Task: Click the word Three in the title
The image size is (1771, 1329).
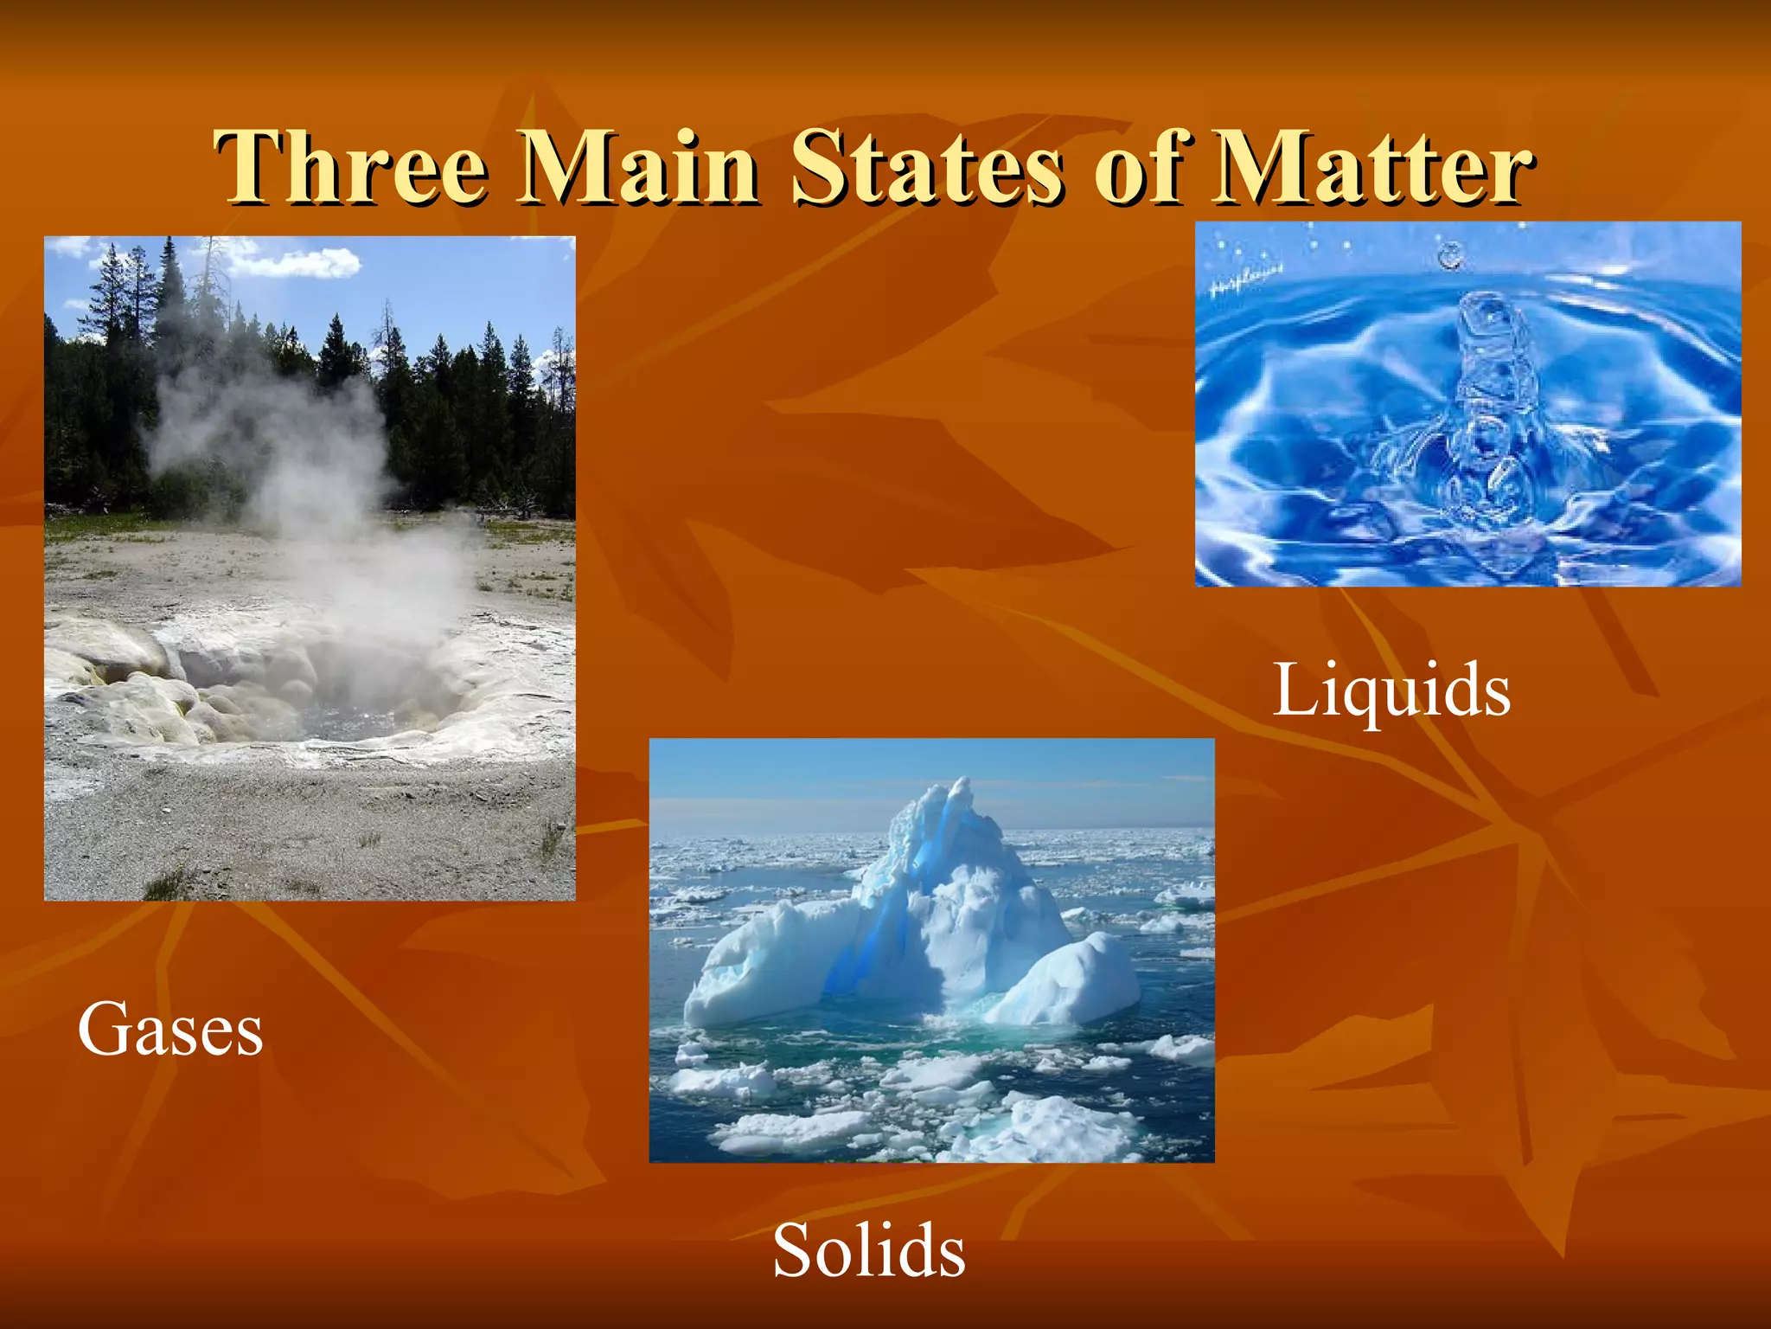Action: click(x=350, y=166)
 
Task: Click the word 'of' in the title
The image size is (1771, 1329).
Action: click(x=1137, y=166)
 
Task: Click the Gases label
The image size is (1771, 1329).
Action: click(x=170, y=1029)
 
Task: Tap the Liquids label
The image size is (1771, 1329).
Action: click(x=1391, y=690)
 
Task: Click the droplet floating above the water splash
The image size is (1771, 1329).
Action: click(x=1450, y=255)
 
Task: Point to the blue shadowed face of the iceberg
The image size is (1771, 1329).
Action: click(x=873, y=943)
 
